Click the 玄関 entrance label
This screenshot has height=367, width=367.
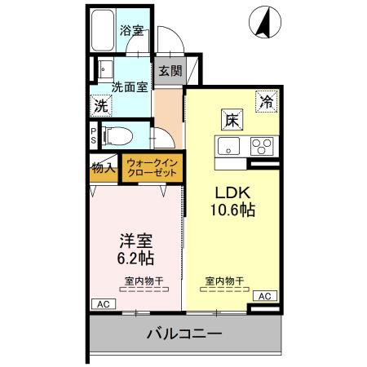click(170, 71)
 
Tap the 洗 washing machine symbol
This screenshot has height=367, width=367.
click(100, 105)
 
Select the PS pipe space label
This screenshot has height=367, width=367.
click(94, 135)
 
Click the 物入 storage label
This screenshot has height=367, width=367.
click(104, 168)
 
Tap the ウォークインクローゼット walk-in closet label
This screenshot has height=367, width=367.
click(152, 168)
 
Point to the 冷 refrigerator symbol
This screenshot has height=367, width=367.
click(266, 102)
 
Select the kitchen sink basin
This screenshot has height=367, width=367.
click(226, 147)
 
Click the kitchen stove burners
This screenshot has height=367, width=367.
click(263, 147)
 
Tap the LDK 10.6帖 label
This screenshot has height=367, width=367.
click(235, 201)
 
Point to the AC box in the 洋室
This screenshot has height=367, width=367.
click(103, 303)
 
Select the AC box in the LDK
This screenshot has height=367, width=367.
click(264, 295)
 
